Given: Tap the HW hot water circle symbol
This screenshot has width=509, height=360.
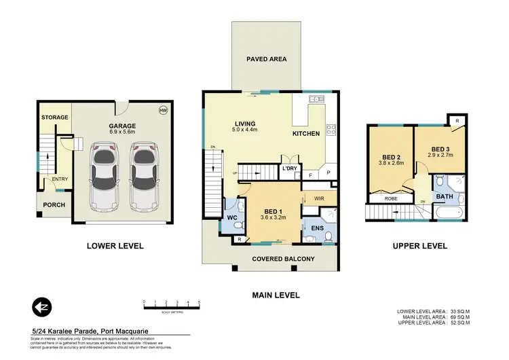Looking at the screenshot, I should [162, 110].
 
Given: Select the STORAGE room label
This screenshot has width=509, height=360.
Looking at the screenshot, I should [54, 118].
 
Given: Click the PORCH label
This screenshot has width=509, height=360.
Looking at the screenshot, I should [54, 204].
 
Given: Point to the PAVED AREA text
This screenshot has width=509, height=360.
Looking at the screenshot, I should [266, 59].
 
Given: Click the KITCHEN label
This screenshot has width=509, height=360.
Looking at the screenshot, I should [306, 134].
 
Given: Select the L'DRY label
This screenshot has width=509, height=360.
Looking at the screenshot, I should [291, 168].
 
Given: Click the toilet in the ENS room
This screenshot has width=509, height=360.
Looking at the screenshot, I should [328, 236].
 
